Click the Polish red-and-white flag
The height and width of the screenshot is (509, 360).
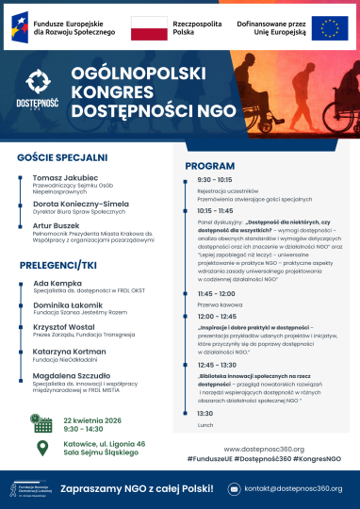coord(149,29)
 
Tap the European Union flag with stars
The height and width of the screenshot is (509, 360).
coord(330,29)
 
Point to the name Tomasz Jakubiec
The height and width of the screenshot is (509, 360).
coord(65,176)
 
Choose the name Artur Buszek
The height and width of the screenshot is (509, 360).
coord(58,227)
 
